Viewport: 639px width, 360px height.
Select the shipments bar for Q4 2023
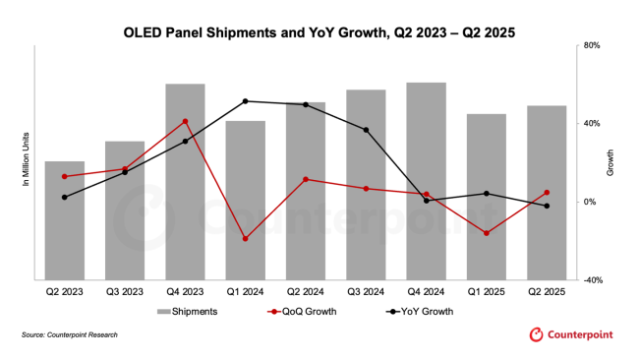185,182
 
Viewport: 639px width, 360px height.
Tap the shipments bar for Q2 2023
65,220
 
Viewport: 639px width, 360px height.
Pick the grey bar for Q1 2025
487,197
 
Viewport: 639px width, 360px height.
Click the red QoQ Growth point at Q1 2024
245,239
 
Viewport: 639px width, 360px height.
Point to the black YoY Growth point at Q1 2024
245,101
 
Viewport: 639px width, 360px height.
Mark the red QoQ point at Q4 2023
185,122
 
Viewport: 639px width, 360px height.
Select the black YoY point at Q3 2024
366,130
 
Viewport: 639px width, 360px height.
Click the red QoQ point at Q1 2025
487,233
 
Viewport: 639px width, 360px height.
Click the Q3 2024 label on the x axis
366,292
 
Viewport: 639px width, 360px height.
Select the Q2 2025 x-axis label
547,292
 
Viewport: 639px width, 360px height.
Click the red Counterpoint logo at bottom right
570,335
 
